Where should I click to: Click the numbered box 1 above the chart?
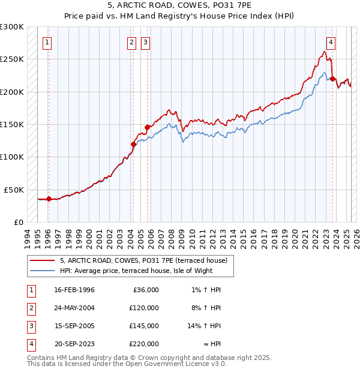pos(47,42)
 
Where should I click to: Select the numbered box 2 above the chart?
pos(131,42)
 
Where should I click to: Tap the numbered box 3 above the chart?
pos(145,42)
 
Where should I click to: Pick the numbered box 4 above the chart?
pos(331,42)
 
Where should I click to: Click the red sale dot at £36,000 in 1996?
pos(48,199)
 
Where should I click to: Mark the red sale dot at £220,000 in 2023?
pos(332,79)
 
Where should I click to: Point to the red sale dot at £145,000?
pos(146,127)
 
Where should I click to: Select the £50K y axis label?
pos(14,190)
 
